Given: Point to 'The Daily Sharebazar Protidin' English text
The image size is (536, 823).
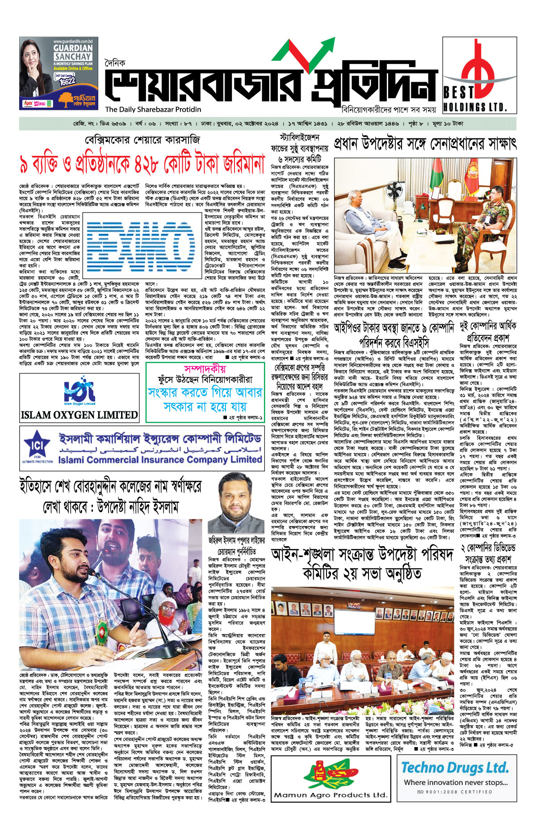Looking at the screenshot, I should tap(153, 109).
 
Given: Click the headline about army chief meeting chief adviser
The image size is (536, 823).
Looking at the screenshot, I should tap(425, 144).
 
